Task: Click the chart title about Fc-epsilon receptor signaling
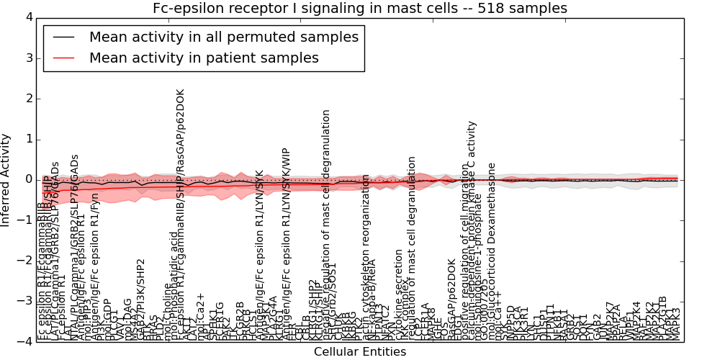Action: (x=360, y=9)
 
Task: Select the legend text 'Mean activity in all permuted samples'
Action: (x=224, y=37)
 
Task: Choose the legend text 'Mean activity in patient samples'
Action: (x=204, y=58)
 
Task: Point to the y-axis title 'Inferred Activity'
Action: (x=6, y=179)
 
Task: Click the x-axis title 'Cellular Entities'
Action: (x=360, y=352)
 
